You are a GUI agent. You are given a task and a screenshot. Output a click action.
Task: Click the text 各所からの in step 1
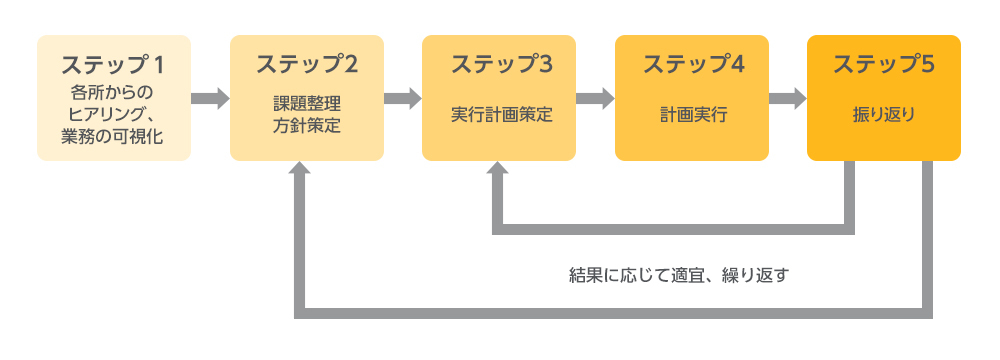(x=113, y=93)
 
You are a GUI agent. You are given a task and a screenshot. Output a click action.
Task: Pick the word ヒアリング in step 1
(x=104, y=114)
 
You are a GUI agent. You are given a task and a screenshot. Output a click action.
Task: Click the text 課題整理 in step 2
(x=306, y=104)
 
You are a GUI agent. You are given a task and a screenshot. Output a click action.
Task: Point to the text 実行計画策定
(x=498, y=114)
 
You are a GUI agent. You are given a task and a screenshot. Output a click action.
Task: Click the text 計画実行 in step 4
(x=691, y=114)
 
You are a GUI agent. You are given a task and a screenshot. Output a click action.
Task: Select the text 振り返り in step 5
(x=884, y=114)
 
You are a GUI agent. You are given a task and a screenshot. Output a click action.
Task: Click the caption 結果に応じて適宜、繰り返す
(x=679, y=274)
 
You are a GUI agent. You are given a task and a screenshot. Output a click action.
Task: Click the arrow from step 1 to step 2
(x=210, y=98)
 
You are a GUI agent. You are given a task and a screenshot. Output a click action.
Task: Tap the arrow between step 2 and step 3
(x=402, y=98)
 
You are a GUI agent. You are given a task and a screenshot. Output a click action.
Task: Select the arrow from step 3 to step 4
(x=595, y=98)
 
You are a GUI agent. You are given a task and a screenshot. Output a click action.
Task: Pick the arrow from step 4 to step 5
(x=787, y=98)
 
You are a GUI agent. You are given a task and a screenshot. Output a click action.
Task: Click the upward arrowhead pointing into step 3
(x=498, y=171)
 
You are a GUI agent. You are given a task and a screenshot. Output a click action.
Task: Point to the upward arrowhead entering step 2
(x=300, y=171)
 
